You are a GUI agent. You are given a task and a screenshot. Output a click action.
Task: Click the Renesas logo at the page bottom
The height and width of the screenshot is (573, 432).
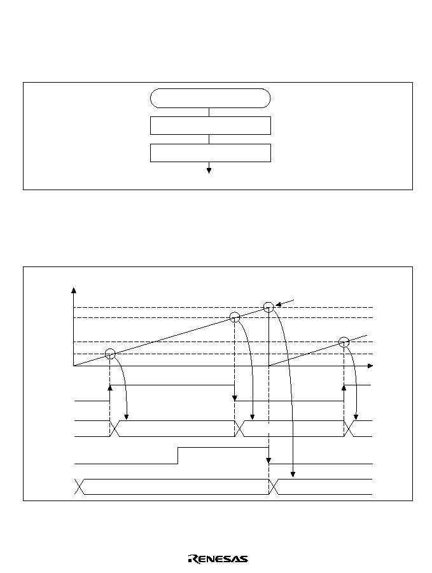click(x=218, y=559)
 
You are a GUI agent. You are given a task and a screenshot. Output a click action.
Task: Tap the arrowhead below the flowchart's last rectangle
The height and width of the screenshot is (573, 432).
click(x=209, y=170)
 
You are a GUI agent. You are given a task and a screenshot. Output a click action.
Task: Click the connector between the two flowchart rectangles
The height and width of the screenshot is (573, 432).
click(x=209, y=139)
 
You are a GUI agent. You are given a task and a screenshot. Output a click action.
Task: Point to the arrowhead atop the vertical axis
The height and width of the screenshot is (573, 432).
click(x=74, y=290)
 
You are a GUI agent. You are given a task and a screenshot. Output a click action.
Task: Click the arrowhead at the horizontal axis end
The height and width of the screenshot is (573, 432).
click(x=370, y=366)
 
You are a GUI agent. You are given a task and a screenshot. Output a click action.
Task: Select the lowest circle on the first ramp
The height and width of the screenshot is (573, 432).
click(x=110, y=349)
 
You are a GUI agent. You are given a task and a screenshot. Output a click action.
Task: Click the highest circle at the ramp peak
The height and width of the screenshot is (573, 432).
click(x=268, y=302)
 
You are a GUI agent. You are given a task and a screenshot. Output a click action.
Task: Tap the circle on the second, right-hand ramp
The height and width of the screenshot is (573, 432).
click(x=344, y=337)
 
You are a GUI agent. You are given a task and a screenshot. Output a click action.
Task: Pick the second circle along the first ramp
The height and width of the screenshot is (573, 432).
click(x=234, y=312)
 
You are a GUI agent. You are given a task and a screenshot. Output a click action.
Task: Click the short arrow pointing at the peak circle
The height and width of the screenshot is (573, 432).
click(x=284, y=302)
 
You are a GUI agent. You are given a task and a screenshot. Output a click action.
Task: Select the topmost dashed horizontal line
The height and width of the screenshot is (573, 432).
click(x=223, y=308)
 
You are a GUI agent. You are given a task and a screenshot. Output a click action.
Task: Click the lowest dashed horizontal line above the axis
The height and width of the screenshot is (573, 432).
click(x=223, y=354)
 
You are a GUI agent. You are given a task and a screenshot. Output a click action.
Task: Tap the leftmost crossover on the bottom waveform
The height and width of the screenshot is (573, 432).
click(x=80, y=487)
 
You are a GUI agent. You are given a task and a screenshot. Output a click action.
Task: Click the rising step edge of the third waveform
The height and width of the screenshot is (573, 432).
click(x=178, y=455)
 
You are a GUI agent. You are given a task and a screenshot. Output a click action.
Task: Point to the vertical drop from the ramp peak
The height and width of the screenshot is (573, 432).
click(x=269, y=336)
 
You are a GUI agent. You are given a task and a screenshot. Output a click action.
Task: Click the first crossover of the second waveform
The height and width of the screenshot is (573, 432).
click(x=115, y=428)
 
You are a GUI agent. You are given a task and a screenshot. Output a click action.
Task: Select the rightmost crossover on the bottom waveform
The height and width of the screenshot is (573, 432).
click(x=274, y=487)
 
